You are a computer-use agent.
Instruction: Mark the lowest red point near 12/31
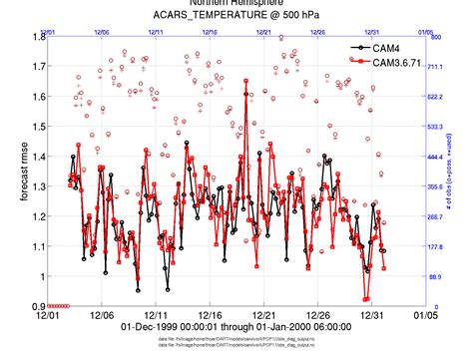(x=365, y=298)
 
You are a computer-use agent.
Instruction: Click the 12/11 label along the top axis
(x=157, y=32)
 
